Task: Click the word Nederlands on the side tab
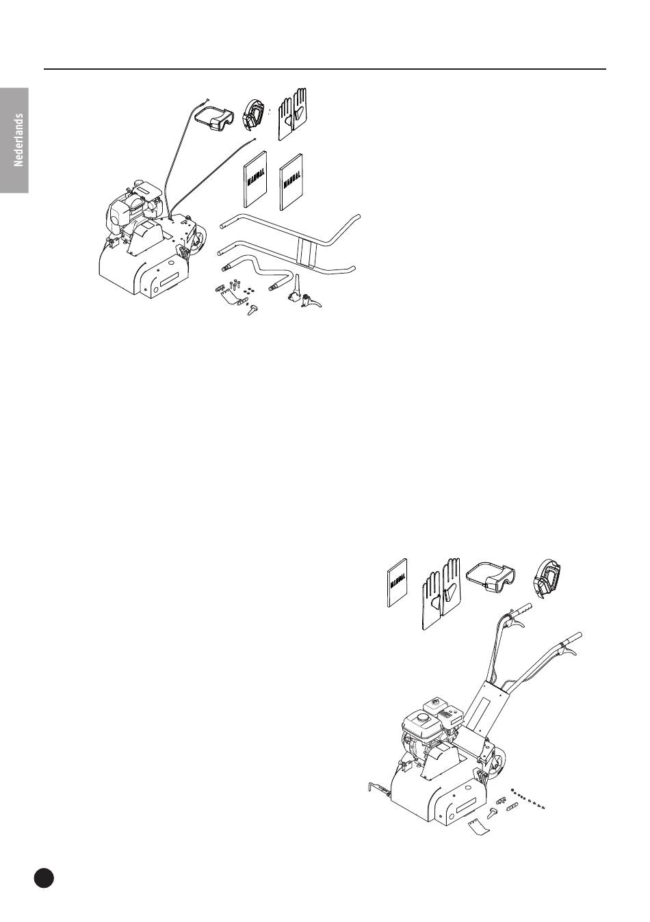[18, 140]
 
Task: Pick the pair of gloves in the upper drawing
[292, 114]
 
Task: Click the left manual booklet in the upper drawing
[255, 179]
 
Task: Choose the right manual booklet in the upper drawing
[291, 182]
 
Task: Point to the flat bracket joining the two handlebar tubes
[305, 252]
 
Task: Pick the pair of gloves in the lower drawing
[441, 593]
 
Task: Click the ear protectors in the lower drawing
[547, 579]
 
